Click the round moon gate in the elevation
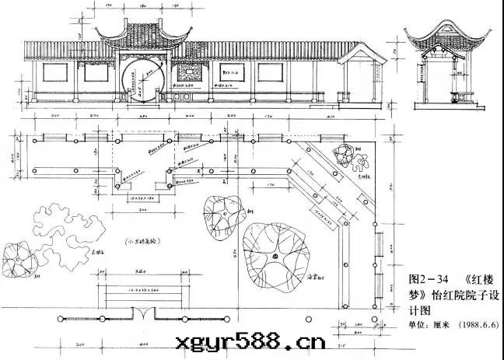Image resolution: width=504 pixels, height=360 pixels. tap(144, 81)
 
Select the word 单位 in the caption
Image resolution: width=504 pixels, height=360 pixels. tap(420, 326)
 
